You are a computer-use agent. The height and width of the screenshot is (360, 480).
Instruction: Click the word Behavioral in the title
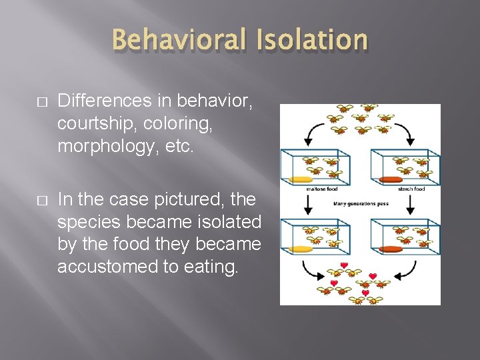(x=175, y=39)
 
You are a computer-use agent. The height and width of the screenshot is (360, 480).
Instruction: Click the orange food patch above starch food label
(x=392, y=179)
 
